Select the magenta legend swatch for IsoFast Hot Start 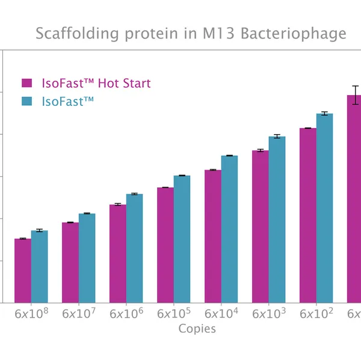click(26, 83)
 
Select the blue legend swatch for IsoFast click(26, 102)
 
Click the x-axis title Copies click(197, 329)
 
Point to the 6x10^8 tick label click(31, 314)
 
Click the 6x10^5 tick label click(174, 314)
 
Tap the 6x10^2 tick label click(316, 314)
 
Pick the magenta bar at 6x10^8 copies click(23, 271)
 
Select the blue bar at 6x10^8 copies click(40, 267)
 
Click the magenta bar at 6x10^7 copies click(70, 262)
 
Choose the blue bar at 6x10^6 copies click(135, 248)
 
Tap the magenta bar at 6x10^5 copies click(165, 245)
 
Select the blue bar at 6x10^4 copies click(230, 229)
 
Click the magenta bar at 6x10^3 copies click(261, 226)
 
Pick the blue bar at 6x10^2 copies click(325, 208)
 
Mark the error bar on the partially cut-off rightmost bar click(356, 95)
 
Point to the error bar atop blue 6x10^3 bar click(277, 137)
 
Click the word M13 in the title click(219, 33)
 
